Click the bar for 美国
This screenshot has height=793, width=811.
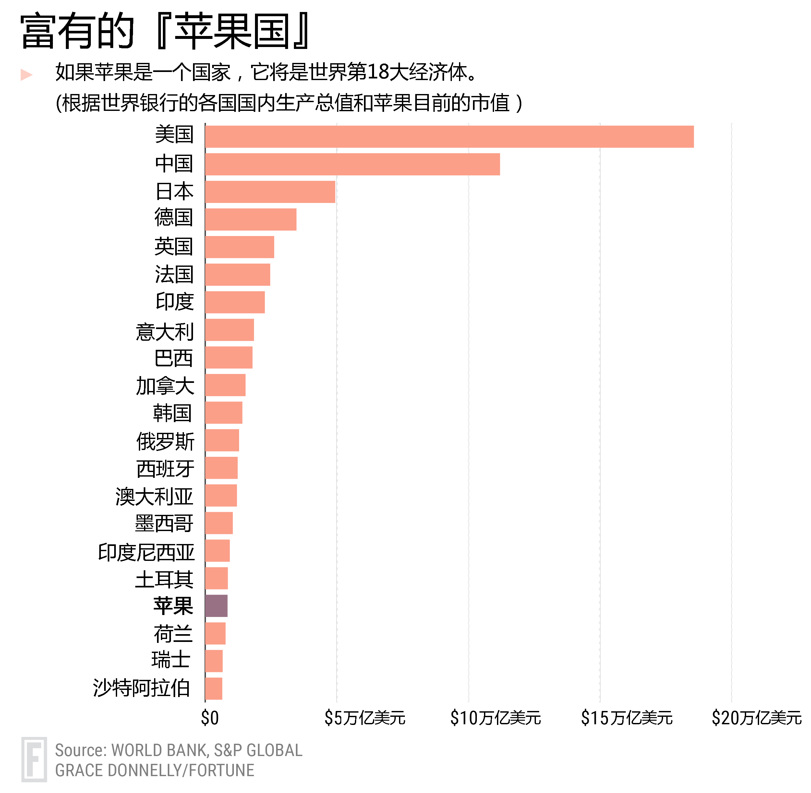(449, 136)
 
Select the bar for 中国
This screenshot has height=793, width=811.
(352, 164)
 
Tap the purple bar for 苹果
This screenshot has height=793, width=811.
(216, 606)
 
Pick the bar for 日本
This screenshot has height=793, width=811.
(270, 192)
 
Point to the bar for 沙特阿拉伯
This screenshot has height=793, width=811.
(214, 689)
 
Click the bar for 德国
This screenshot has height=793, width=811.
(251, 219)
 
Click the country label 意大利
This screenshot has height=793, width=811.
(165, 332)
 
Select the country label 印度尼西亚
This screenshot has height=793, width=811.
(146, 552)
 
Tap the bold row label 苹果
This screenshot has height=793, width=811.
(173, 606)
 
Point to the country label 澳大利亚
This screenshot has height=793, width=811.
(155, 496)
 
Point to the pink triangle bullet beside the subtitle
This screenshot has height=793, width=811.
(26, 75)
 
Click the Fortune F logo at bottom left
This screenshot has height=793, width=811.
(34, 759)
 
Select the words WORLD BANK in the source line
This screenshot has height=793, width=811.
(160, 750)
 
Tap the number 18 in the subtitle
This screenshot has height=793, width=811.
(378, 72)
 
